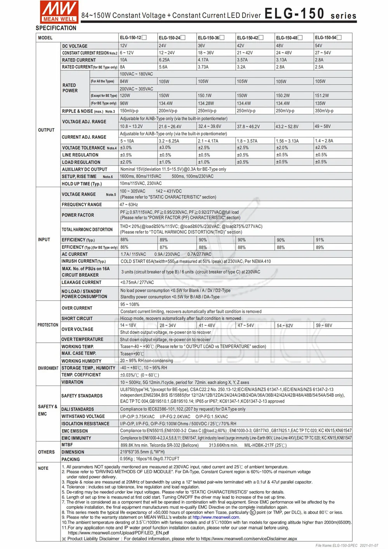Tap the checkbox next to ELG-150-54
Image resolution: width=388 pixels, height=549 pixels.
coord(339,38)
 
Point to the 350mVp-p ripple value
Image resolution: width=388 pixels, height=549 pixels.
coord(324,111)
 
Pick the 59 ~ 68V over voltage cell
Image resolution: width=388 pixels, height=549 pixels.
coord(324,325)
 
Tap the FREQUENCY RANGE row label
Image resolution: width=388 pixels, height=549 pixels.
coord(81,205)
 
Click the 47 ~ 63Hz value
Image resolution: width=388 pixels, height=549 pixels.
coord(129,205)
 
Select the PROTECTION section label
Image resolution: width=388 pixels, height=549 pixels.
coord(48,325)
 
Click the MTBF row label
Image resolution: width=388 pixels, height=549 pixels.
coord(67,445)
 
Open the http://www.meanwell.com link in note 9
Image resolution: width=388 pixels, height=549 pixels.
coord(216,517)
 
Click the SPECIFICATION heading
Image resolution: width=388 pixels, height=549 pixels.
coord(56,28)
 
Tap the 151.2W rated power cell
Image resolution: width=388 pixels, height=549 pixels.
coord(322,96)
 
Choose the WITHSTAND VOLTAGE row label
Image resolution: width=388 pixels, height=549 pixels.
coord(83,417)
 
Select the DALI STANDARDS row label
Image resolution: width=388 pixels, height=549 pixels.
coord(78,409)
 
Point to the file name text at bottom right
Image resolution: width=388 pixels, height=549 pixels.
coord(347,546)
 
